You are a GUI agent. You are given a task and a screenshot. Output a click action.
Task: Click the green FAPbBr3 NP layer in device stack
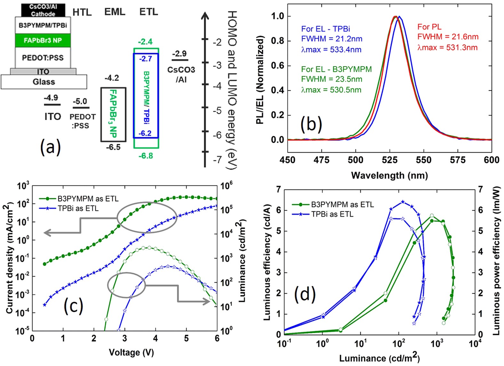(43, 40)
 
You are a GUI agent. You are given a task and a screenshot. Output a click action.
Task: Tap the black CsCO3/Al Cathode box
(43, 10)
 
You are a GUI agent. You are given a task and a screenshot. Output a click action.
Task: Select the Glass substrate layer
(44, 82)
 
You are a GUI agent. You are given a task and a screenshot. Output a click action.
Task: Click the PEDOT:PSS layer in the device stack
(43, 58)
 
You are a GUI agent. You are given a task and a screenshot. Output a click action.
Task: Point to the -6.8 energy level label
(146, 156)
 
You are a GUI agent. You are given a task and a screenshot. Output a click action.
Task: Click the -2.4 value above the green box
(145, 42)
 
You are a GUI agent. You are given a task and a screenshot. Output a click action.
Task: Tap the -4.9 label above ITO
(51, 98)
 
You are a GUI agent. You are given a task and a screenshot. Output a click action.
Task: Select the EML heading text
(115, 12)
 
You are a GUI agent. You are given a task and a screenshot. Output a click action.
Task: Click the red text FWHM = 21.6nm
(448, 37)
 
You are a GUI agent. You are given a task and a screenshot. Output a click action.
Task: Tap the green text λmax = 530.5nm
(331, 90)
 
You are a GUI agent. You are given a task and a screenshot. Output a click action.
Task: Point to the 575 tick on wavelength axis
(458, 160)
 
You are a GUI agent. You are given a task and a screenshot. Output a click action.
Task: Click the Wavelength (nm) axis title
(389, 175)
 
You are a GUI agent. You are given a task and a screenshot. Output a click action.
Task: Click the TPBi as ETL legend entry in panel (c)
(78, 208)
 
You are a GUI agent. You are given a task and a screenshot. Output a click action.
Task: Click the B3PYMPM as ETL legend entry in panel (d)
(342, 204)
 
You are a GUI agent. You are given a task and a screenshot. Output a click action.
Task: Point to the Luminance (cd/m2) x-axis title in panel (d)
(380, 358)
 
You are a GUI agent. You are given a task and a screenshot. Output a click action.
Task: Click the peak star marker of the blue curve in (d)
(403, 202)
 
